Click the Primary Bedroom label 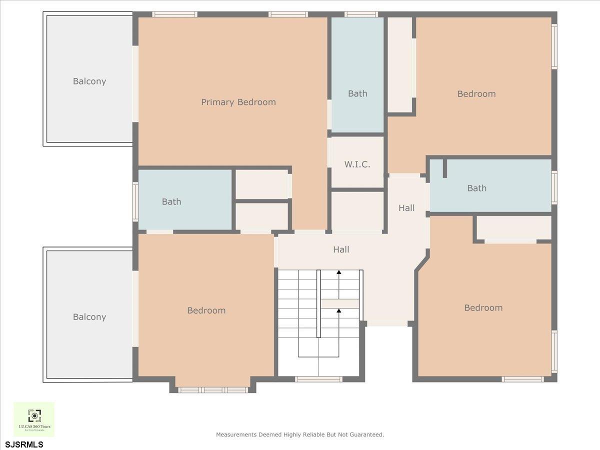(x=238, y=102)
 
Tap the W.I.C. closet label (x=357, y=164)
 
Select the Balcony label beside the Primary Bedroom (x=89, y=81)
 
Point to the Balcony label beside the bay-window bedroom (x=89, y=316)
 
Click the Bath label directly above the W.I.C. (x=357, y=93)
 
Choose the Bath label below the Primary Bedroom (x=171, y=201)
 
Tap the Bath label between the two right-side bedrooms (x=476, y=188)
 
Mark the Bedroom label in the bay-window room (x=206, y=310)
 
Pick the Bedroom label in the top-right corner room (x=476, y=93)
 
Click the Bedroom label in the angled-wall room (x=483, y=307)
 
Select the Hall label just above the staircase (x=341, y=249)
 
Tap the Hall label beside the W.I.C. (x=406, y=207)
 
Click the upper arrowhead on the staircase (x=339, y=272)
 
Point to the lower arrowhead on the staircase (x=339, y=311)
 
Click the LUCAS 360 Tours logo (x=34, y=419)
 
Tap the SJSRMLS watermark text (x=24, y=444)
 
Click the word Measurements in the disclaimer (x=236, y=434)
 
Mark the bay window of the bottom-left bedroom (x=213, y=389)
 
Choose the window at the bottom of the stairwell (x=318, y=379)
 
